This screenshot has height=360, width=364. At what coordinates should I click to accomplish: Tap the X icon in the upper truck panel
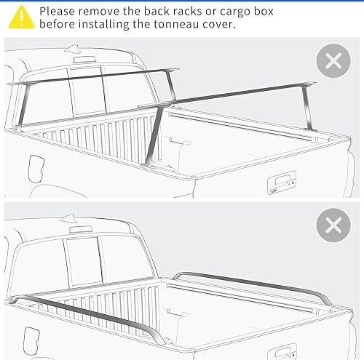pos(333,61)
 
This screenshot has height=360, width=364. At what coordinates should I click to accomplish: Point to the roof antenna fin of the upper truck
pos(74,49)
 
